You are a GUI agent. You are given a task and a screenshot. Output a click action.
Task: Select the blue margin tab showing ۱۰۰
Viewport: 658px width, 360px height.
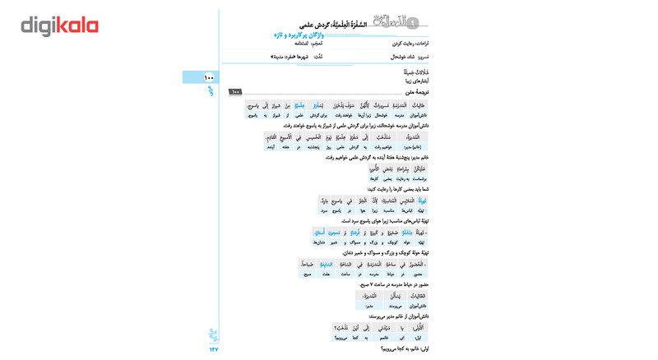(x=202, y=77)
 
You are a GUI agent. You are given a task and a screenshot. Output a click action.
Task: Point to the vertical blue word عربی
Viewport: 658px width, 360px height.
(x=211, y=91)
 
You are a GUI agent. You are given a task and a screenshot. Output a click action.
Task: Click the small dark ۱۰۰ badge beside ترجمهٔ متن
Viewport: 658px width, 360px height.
(x=235, y=92)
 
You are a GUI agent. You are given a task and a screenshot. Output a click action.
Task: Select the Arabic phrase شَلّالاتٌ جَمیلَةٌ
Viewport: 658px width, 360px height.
(x=412, y=73)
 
